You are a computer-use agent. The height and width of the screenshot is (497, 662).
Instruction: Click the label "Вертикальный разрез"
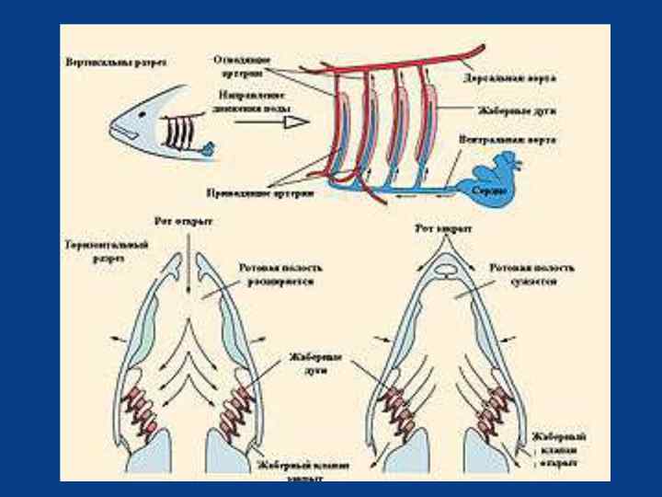coord(117,64)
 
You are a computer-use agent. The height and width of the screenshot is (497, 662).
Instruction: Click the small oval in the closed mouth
coord(443,272)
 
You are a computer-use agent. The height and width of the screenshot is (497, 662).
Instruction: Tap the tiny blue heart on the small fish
coord(210,146)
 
